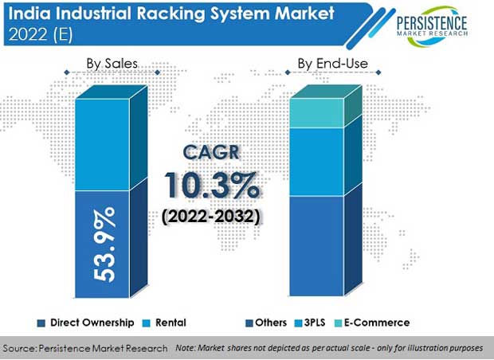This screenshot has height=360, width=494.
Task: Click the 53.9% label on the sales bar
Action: (x=104, y=244)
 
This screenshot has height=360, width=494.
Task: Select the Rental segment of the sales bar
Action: (x=103, y=145)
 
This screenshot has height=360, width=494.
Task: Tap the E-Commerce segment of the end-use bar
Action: (x=316, y=113)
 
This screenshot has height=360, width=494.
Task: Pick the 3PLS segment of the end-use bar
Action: (x=316, y=162)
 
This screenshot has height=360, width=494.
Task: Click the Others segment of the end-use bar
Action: (x=316, y=246)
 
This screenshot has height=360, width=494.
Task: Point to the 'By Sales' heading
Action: (x=112, y=64)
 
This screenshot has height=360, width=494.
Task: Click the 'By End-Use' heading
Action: (x=333, y=64)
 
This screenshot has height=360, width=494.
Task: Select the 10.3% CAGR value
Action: (x=212, y=186)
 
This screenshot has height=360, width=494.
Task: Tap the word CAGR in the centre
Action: (x=211, y=152)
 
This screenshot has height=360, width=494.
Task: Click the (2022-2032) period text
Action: (x=211, y=217)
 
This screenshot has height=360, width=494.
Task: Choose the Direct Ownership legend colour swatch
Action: (x=41, y=323)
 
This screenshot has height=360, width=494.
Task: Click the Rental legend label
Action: (x=171, y=323)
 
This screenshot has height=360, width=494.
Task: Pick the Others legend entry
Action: (x=266, y=323)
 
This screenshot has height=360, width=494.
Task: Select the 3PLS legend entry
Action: (x=310, y=323)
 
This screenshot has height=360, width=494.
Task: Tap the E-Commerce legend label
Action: (x=377, y=323)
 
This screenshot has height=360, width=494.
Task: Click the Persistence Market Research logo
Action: (x=432, y=25)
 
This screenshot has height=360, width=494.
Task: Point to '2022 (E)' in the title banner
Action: (x=41, y=33)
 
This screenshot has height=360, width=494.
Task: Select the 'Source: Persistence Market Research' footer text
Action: (x=85, y=348)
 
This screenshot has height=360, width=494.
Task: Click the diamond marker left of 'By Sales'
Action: (x=67, y=72)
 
